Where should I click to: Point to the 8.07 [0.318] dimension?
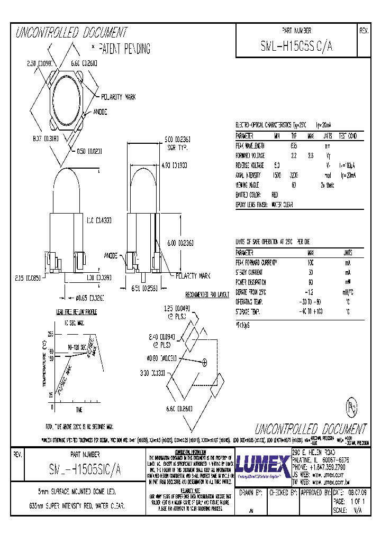coord(44,139)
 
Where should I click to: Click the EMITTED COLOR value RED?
coord(275,195)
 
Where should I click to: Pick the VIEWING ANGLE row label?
coord(248,185)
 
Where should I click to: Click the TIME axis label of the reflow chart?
coord(79,410)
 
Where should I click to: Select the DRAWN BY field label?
coord(251,493)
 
